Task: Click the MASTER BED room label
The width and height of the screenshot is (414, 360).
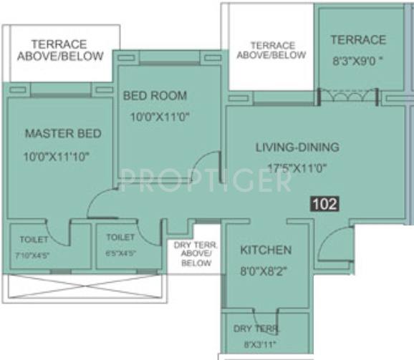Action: pos(63,134)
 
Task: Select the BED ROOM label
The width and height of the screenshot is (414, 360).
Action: pos(155,95)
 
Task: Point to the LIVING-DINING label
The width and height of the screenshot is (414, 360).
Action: pos(297,147)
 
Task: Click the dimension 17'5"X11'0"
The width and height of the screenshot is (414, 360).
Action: pos(297,170)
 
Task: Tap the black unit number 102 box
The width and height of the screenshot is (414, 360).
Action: pos(325,203)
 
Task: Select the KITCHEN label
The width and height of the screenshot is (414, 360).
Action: pos(266,250)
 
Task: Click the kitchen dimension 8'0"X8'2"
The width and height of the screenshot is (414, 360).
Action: pos(266,271)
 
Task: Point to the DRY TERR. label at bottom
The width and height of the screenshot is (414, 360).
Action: pos(256,329)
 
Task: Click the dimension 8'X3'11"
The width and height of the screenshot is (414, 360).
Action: pos(256,344)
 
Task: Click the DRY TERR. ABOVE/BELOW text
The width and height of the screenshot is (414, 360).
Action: pos(193,254)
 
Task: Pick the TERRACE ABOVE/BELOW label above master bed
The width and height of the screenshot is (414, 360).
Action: pos(60,49)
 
